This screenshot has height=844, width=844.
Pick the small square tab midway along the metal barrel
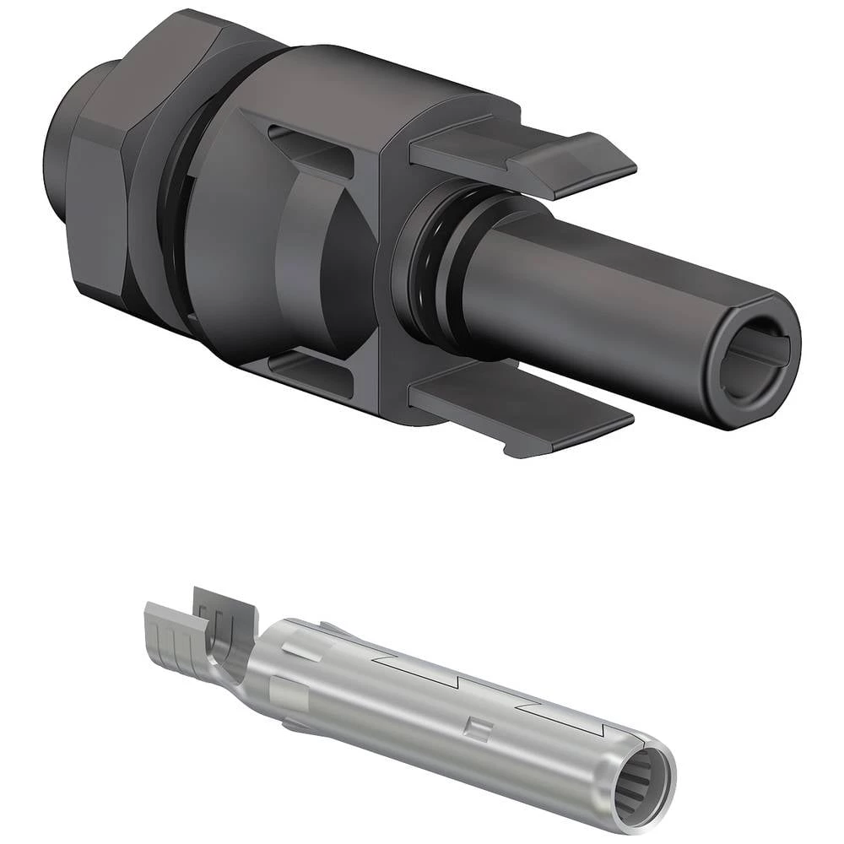point(478,728)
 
